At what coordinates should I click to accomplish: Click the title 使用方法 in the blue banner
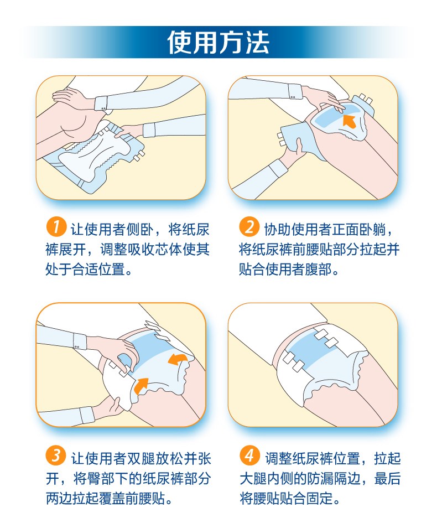tap(218, 43)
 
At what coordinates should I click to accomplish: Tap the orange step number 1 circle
tap(56, 227)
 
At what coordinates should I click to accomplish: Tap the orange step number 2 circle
tap(249, 227)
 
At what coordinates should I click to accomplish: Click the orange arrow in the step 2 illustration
tap(349, 121)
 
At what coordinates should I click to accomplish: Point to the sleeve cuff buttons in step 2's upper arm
tap(293, 97)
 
